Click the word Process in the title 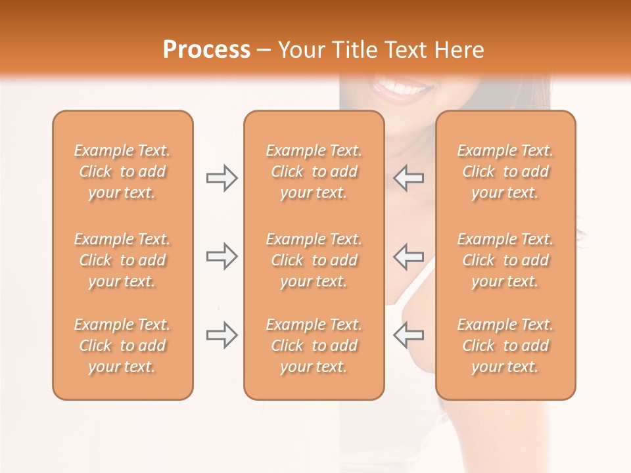[206, 50]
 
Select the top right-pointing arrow [222, 178]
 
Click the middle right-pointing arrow [222, 256]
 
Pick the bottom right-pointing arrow [222, 335]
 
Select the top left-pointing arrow [409, 178]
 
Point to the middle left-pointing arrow [409, 256]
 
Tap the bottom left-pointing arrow [409, 335]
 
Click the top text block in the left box [122, 171]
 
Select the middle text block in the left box [122, 260]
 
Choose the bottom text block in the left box [122, 346]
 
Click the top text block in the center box [314, 171]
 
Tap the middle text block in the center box [314, 260]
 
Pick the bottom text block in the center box [314, 346]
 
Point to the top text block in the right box [505, 171]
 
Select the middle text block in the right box [505, 260]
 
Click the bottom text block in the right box [505, 346]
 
